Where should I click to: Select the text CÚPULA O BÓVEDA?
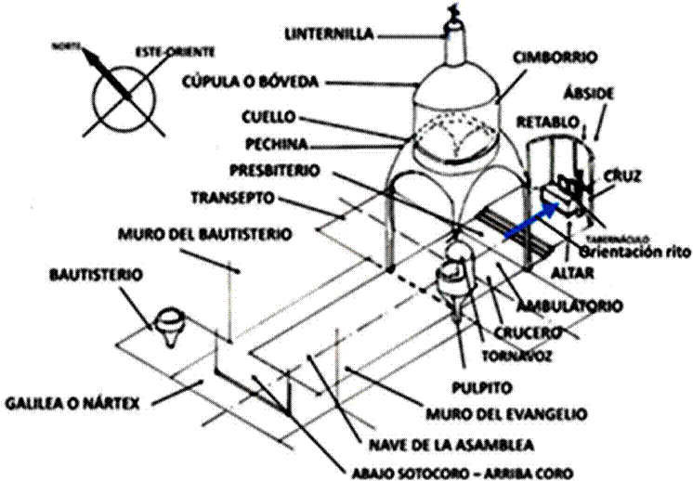tap(250, 83)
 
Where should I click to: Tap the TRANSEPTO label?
tap(232, 198)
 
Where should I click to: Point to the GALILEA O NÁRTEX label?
tap(72, 404)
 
